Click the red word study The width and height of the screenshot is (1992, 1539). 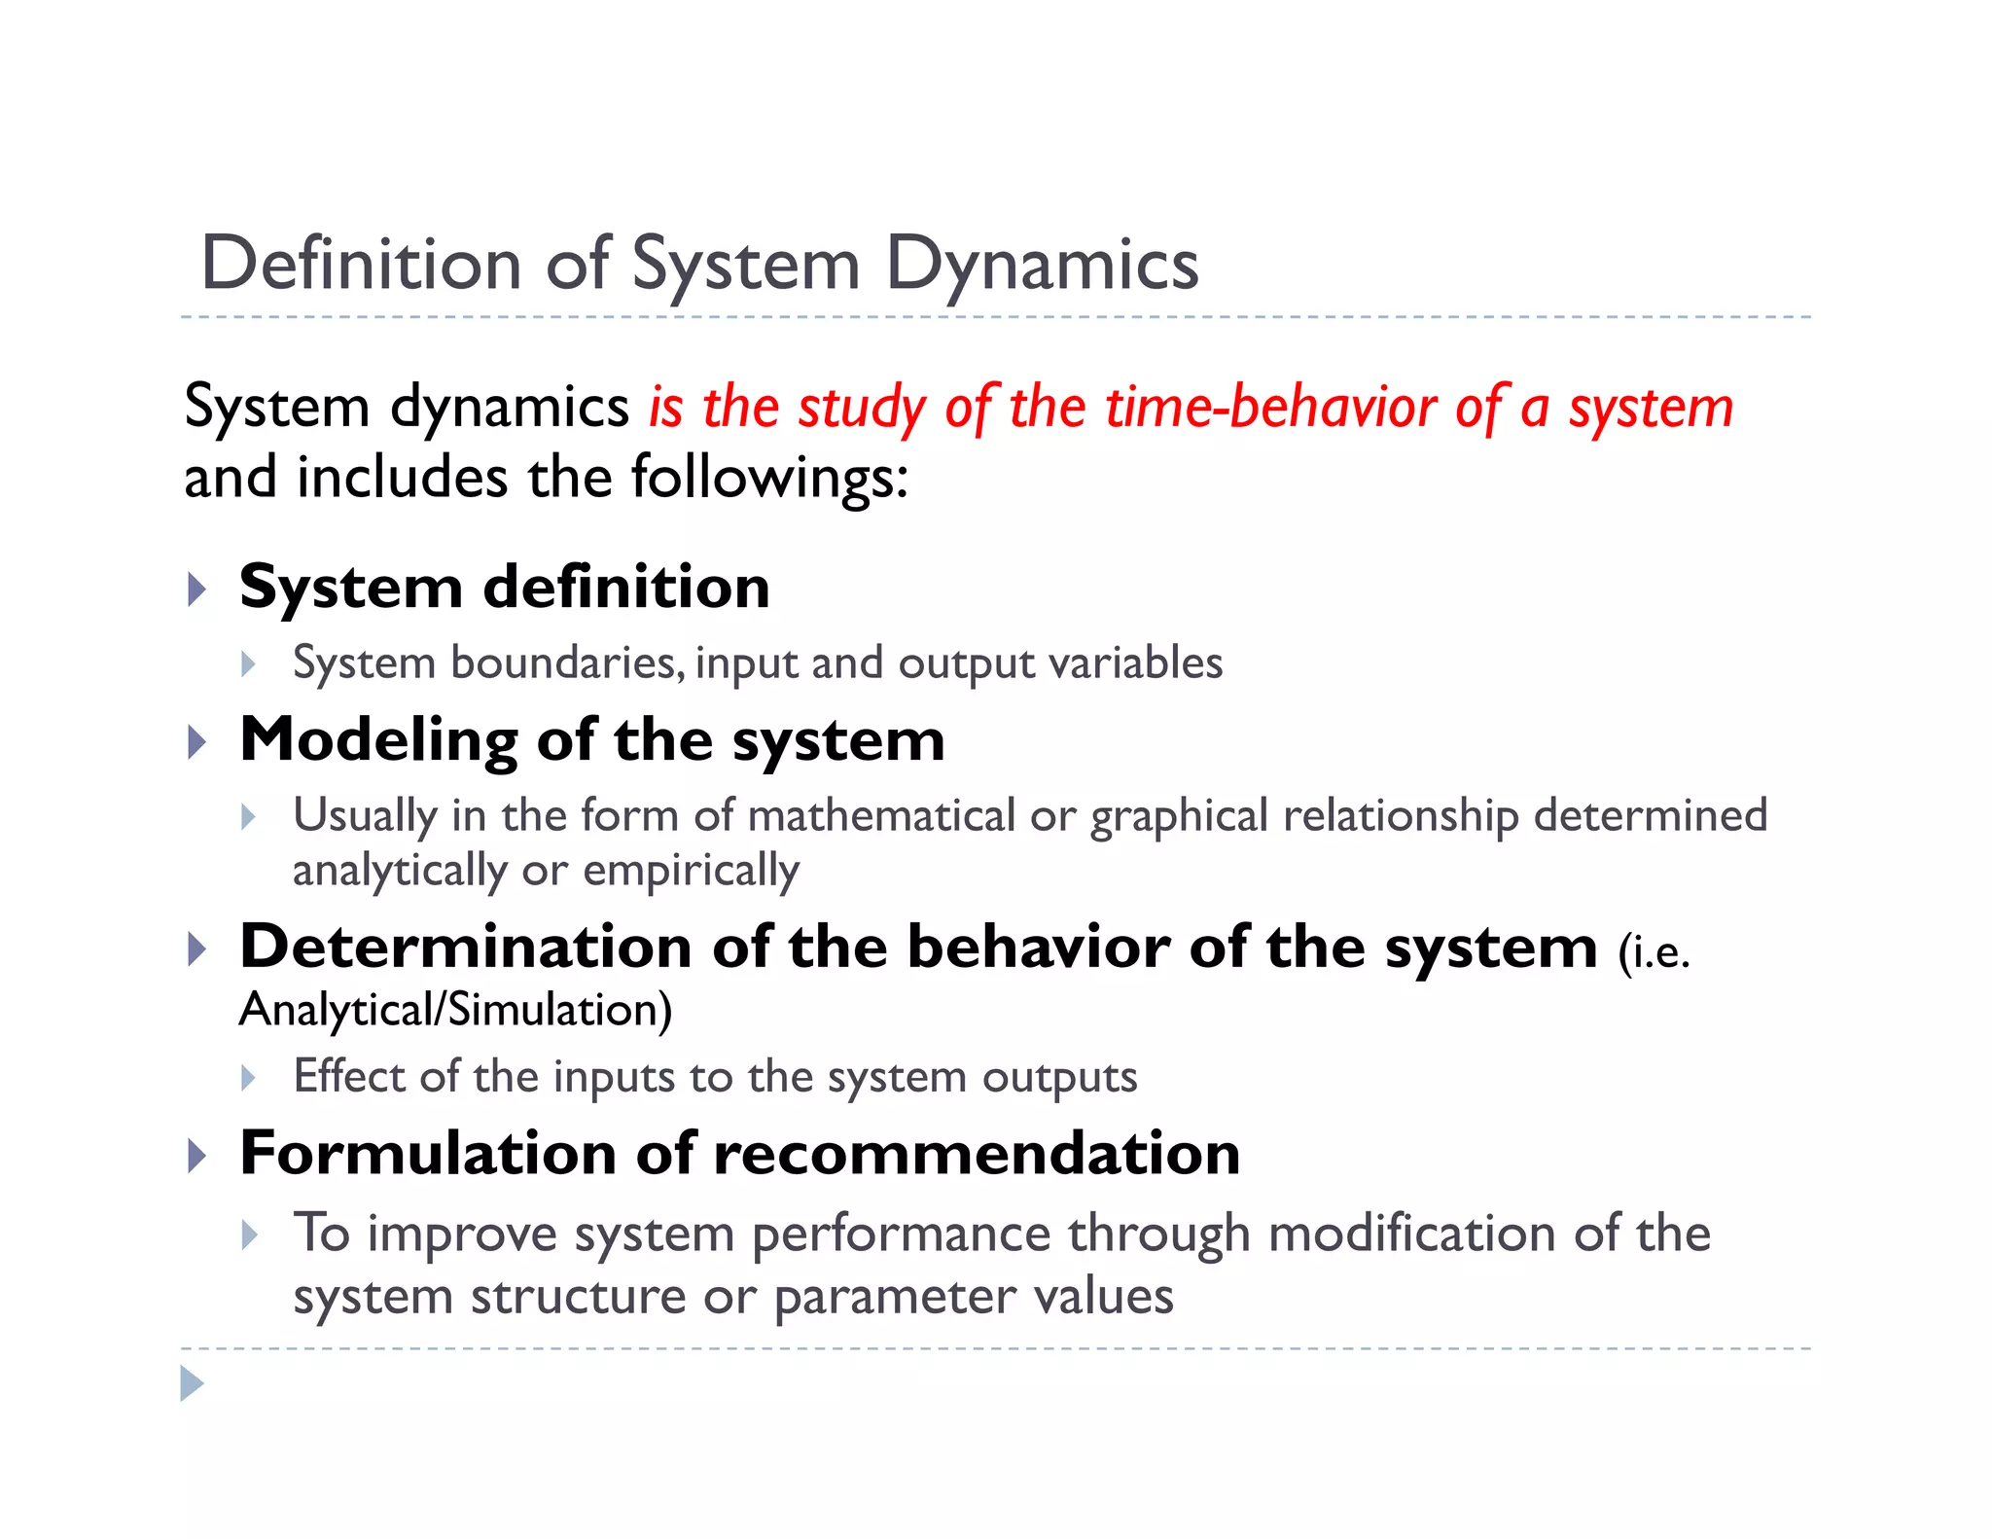(x=862, y=409)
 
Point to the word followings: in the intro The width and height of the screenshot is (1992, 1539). (x=769, y=479)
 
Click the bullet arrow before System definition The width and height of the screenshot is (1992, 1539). (x=197, y=589)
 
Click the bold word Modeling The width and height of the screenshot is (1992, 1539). (x=378, y=741)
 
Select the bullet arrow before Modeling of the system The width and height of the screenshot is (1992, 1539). (x=197, y=742)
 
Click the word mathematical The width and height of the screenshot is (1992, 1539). (x=881, y=815)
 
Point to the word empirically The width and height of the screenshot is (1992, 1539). (x=691, y=871)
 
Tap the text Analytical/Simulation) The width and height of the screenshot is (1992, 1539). (x=455, y=1010)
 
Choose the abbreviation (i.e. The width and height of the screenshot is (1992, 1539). (x=1654, y=951)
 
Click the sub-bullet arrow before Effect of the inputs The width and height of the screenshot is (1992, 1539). (x=249, y=1078)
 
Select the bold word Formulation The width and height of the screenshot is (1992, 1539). (x=428, y=1154)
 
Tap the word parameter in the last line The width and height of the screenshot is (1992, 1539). (x=894, y=1297)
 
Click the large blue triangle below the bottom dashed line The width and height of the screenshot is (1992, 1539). (x=193, y=1383)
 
